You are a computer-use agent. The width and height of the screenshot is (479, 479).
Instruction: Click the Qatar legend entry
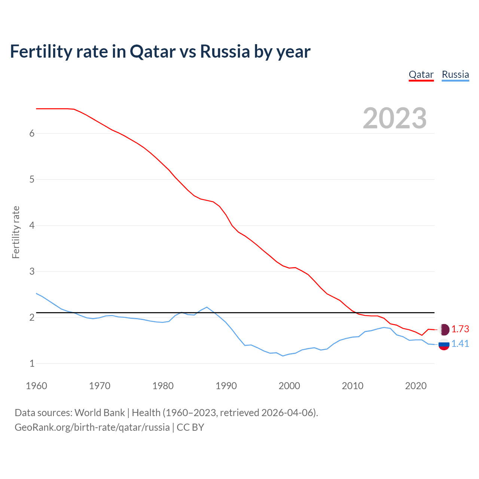pos(421,74)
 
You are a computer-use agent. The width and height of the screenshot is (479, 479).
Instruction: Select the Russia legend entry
pos(455,74)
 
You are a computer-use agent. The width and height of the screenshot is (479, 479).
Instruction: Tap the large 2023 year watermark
pos(395,118)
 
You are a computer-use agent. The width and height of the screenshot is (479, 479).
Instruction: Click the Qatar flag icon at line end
pos(444,329)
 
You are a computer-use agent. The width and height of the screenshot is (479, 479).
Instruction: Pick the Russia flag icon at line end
pos(444,344)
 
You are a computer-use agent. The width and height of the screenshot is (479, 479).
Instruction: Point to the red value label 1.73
pos(460,329)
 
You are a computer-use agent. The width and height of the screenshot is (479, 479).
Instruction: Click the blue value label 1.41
pos(460,344)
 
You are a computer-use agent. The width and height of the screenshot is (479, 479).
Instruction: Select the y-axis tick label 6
pos(32,134)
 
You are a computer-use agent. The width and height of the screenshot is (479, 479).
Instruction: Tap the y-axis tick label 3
pos(32,271)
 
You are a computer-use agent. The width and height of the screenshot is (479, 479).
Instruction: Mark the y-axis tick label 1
pos(32,363)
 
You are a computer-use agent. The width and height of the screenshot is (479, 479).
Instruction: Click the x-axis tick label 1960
pos(36,386)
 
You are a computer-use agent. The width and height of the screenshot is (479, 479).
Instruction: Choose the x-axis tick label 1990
pos(226,386)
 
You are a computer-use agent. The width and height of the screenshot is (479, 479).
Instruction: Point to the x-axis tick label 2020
pos(416,386)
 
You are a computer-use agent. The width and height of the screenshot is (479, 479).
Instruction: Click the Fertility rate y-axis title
pos(16,232)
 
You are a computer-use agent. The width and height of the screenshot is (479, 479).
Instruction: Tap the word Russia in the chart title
pos(225,51)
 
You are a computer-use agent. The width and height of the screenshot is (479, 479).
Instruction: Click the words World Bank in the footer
pos(100,413)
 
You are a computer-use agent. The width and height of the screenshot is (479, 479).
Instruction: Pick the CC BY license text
pos(190,427)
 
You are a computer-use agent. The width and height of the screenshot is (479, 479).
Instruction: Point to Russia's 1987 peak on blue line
pos(207,307)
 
